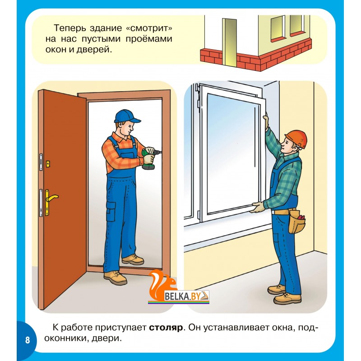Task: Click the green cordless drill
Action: pyautogui.click(x=149, y=159)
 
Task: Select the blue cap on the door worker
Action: pyautogui.click(x=127, y=116)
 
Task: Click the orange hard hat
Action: pyautogui.click(x=296, y=139)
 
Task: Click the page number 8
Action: pyautogui.click(x=28, y=340)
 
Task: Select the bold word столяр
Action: pyautogui.click(x=166, y=328)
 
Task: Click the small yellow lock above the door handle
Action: pyautogui.click(x=48, y=164)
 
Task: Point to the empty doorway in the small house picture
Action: pyautogui.click(x=230, y=42)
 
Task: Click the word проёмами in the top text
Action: pyautogui.click(x=149, y=39)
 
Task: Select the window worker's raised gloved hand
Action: pyautogui.click(x=266, y=121)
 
